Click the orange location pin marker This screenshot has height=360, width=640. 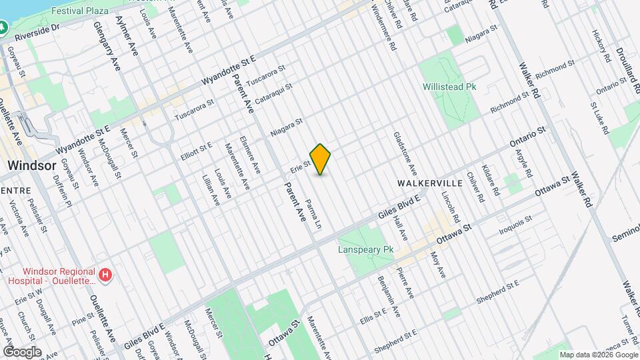[x=321, y=159]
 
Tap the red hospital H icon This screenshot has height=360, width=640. [x=105, y=275]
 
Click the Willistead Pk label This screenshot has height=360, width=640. [x=449, y=87]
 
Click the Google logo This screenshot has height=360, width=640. [x=22, y=351]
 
